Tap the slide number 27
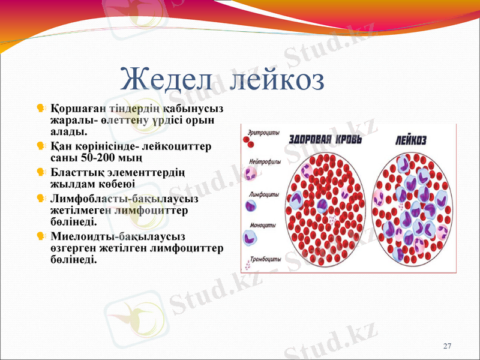pyautogui.click(x=446, y=346)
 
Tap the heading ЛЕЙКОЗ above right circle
pyautogui.click(x=411, y=140)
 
